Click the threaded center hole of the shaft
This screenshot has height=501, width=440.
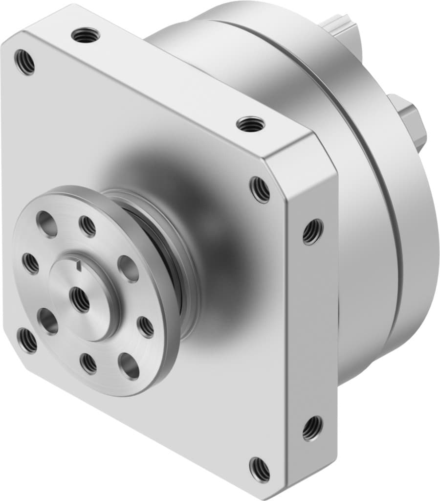pyautogui.click(x=79, y=299)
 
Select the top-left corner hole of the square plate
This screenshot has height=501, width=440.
pyautogui.click(x=24, y=62)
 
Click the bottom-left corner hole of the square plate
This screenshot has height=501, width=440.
pyautogui.click(x=27, y=340)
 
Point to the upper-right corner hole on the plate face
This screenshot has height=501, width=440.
pyautogui.click(x=260, y=189)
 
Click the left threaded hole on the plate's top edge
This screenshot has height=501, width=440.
pyautogui.click(x=85, y=35)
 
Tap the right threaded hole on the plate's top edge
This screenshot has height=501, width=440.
pyautogui.click(x=250, y=124)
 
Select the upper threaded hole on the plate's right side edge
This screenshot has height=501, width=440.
pyautogui.click(x=313, y=231)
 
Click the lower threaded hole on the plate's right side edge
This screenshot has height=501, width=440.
pyautogui.click(x=312, y=428)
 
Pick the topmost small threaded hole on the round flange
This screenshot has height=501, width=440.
pyautogui.click(x=88, y=226)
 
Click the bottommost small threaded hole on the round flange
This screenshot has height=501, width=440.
pyautogui.click(x=88, y=363)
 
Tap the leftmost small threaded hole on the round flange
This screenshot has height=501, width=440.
pyautogui.click(x=31, y=264)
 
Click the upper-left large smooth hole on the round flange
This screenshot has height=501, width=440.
pyautogui.click(x=46, y=224)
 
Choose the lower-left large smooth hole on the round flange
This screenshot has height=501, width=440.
pyautogui.click(x=48, y=321)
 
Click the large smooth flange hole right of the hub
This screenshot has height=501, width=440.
pyautogui.click(x=128, y=269)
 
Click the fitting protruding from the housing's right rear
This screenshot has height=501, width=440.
pyautogui.click(x=411, y=122)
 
